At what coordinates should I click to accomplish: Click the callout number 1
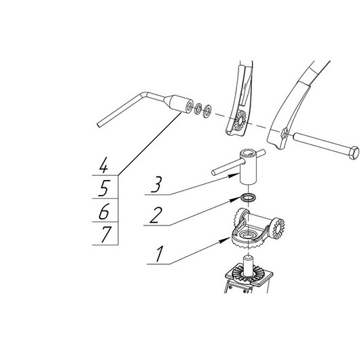(x=159, y=253)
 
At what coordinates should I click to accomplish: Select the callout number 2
(x=156, y=215)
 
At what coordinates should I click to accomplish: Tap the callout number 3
(x=156, y=184)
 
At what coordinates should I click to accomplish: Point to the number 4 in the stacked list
(x=103, y=164)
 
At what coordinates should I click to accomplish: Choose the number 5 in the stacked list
(x=104, y=188)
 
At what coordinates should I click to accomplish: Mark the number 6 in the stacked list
(x=104, y=211)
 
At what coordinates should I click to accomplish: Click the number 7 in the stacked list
(x=106, y=234)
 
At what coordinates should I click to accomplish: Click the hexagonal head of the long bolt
(x=354, y=152)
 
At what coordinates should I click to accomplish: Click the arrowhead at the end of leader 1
(x=226, y=240)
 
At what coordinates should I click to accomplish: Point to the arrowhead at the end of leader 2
(x=236, y=199)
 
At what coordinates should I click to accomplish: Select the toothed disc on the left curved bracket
(x=240, y=120)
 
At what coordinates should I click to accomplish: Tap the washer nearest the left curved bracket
(x=207, y=111)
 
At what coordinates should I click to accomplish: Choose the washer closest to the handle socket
(x=198, y=109)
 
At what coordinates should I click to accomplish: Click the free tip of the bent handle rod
(x=98, y=126)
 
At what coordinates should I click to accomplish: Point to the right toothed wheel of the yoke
(x=278, y=229)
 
